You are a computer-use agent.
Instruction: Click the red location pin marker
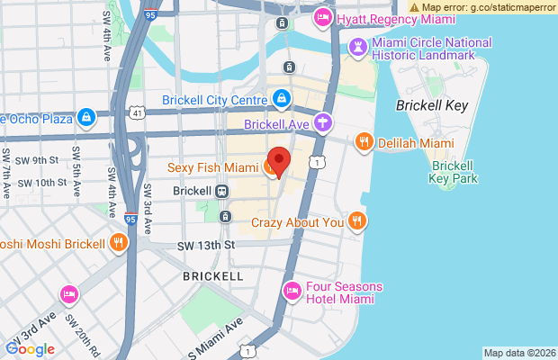(x=279, y=161)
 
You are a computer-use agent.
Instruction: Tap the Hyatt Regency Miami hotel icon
(x=321, y=18)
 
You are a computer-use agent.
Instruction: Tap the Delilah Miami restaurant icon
(x=364, y=141)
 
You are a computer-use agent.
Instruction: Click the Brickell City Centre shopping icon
(x=281, y=98)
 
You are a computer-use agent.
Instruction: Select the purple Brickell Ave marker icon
(x=322, y=121)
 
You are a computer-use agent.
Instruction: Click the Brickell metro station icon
(x=221, y=192)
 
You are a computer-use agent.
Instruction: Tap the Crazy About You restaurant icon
(x=357, y=221)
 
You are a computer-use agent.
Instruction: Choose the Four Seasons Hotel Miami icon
(x=292, y=292)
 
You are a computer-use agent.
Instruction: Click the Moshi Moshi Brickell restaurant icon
(x=118, y=243)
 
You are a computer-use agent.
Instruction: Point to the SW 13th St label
(x=206, y=245)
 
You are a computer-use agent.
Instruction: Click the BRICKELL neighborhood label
(x=212, y=274)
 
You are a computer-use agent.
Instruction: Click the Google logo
(x=30, y=348)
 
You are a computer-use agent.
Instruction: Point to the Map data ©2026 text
(x=518, y=353)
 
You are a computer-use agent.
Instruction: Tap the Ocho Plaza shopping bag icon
(x=85, y=117)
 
